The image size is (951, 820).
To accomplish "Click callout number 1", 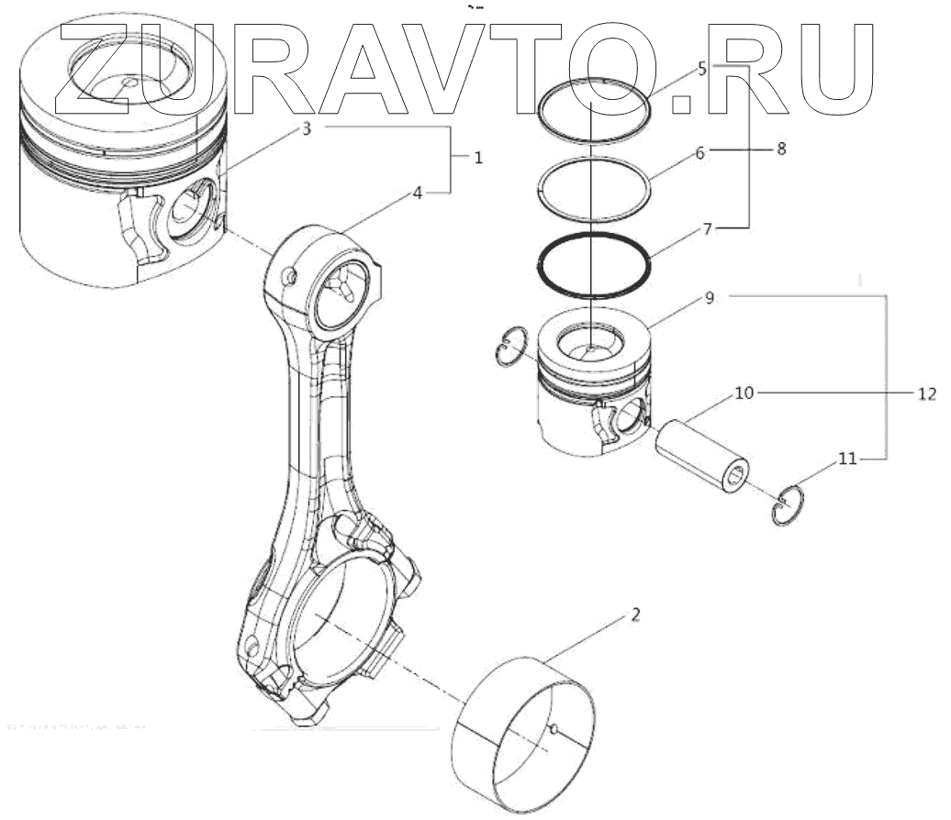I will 478,158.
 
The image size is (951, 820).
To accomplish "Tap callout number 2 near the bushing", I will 633,614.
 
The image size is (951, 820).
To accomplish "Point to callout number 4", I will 418,194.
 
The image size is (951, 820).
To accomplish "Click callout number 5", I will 701,69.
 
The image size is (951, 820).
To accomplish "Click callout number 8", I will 781,148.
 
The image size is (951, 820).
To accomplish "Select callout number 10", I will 744,393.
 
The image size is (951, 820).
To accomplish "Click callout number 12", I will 926,394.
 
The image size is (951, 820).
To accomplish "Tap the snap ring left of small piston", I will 511,346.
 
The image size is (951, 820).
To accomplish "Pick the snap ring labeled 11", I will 788,505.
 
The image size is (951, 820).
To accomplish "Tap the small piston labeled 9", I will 593,385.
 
